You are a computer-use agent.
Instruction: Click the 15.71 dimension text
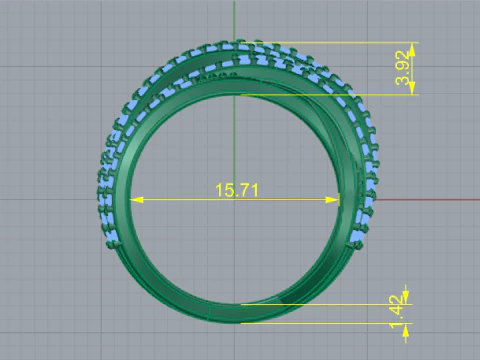(x=237, y=189)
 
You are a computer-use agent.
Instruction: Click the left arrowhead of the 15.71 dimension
(x=138, y=200)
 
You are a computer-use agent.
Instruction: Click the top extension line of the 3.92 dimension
(x=340, y=43)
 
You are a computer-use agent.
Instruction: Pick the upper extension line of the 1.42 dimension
(x=330, y=304)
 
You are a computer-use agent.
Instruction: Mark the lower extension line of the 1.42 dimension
(x=330, y=323)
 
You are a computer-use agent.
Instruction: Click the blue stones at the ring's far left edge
(x=103, y=200)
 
